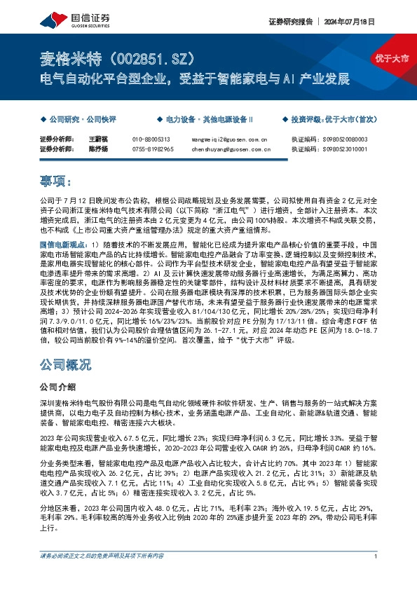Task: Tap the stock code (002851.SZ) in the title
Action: point(152,56)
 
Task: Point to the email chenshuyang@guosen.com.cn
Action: point(231,149)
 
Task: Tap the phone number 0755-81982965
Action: point(153,149)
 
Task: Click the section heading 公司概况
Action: point(66,365)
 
